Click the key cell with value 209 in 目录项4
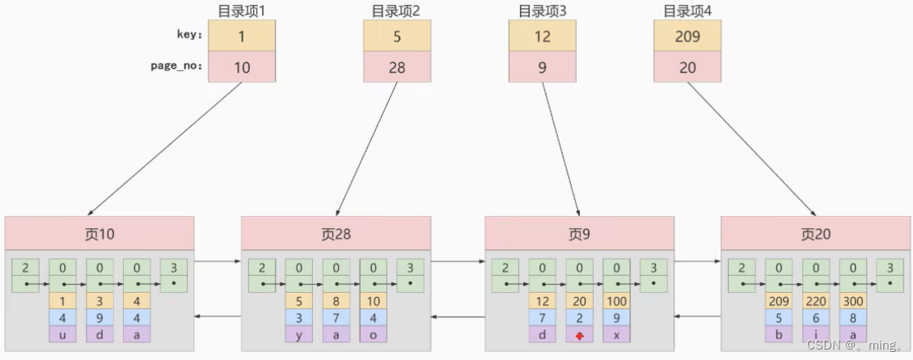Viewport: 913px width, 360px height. click(x=687, y=36)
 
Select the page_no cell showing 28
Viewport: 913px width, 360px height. click(x=396, y=67)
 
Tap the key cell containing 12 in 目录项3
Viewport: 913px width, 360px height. click(x=542, y=36)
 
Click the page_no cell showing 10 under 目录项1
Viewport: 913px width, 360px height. click(x=241, y=67)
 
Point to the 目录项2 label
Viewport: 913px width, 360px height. click(x=396, y=11)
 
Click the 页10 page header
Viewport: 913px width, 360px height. click(x=99, y=233)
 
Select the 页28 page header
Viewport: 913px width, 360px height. click(x=336, y=233)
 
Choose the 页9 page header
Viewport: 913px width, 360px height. click(x=579, y=233)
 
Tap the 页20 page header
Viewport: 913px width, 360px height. click(x=816, y=233)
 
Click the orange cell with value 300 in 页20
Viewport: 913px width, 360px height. click(x=853, y=300)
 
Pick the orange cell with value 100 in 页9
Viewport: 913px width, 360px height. click(x=615, y=300)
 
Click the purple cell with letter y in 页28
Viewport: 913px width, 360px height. click(x=298, y=334)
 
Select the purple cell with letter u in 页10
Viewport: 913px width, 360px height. click(x=62, y=334)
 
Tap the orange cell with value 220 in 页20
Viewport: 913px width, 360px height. click(x=816, y=300)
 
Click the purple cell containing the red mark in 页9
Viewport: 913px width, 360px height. click(x=579, y=334)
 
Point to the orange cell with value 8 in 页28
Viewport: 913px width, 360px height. click(x=336, y=300)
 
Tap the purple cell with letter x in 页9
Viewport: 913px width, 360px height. click(x=615, y=334)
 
